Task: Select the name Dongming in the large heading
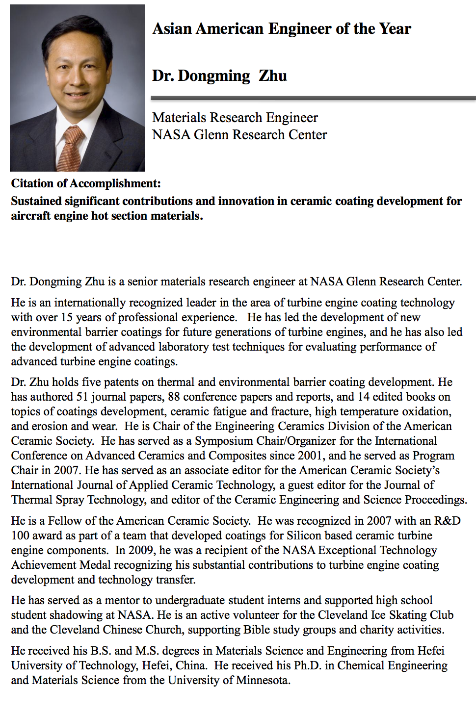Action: pyautogui.click(x=214, y=76)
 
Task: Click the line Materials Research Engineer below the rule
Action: pyautogui.click(x=235, y=118)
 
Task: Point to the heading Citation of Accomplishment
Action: pyautogui.click(x=86, y=184)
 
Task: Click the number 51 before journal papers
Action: pyautogui.click(x=82, y=397)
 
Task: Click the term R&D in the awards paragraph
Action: pyautogui.click(x=447, y=521)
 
